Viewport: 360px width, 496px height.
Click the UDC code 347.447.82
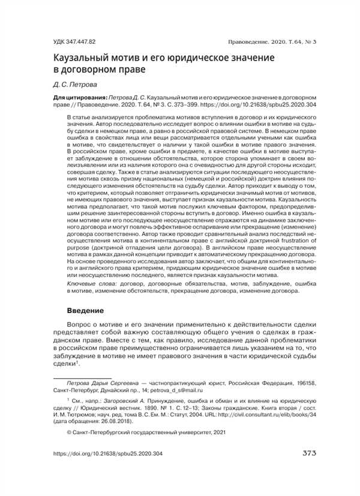coord(74,41)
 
